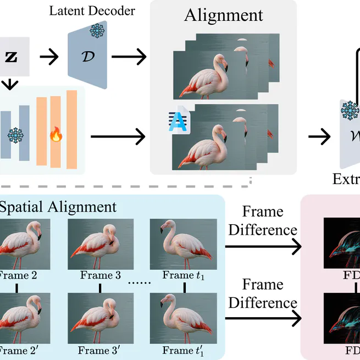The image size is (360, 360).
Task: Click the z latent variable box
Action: (x=11, y=56)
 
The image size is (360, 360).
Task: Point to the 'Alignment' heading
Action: (x=223, y=15)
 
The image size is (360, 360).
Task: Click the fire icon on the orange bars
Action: (x=55, y=134)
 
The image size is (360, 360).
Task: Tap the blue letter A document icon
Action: (x=180, y=121)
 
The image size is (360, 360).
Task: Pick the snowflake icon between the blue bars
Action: (x=15, y=135)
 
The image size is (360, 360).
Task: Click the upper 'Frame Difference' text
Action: (x=263, y=221)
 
